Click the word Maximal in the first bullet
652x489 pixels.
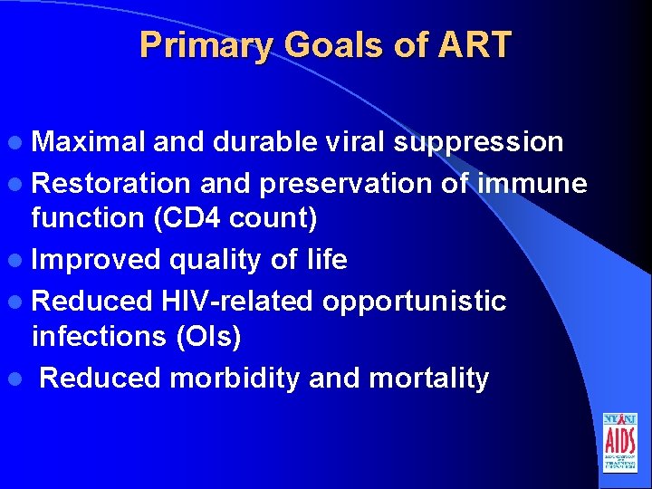pyautogui.click(x=88, y=142)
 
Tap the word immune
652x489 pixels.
pyautogui.click(x=534, y=183)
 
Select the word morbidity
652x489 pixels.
pyautogui.click(x=235, y=378)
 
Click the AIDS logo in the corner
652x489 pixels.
pyautogui.click(x=619, y=443)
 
